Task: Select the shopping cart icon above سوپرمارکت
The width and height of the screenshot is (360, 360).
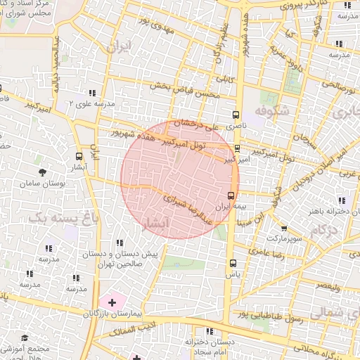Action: [x=284, y=229]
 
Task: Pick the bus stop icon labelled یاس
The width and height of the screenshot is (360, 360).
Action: [x=233, y=263]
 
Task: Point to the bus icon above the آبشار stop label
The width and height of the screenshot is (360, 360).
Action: [x=78, y=156]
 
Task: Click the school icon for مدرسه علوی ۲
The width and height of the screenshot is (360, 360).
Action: [x=92, y=93]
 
